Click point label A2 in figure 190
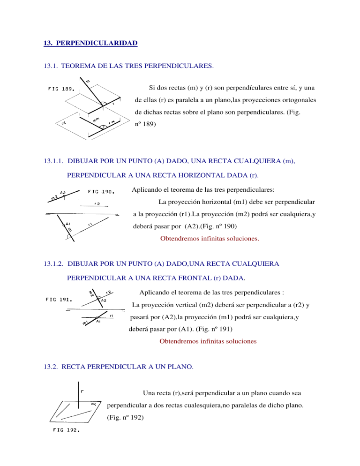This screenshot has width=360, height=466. click(62, 193)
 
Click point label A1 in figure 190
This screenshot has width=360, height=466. click(67, 224)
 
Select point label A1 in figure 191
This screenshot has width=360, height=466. click(98, 321)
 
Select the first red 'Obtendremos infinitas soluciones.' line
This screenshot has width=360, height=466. click(209, 238)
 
